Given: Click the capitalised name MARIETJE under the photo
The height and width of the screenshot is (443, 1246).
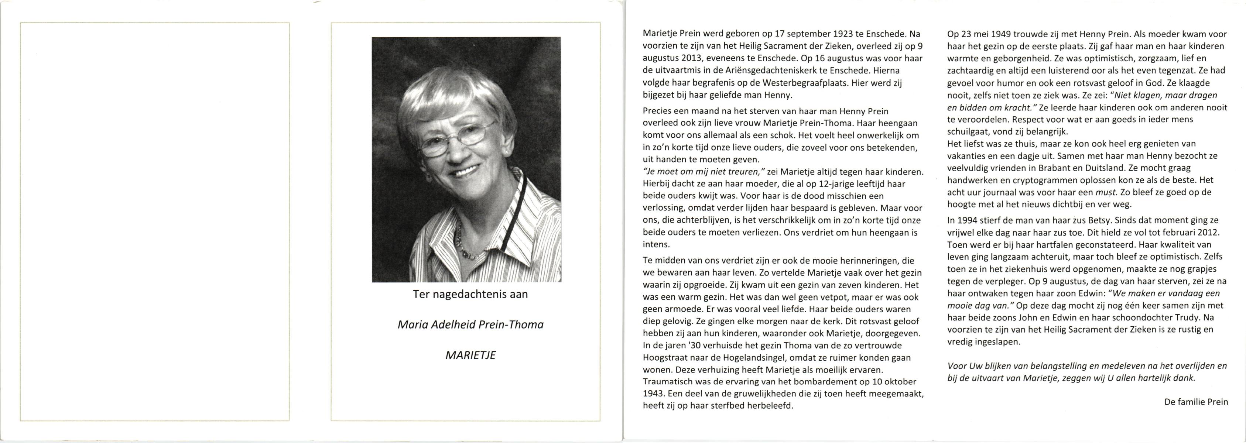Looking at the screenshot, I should [x=470, y=355].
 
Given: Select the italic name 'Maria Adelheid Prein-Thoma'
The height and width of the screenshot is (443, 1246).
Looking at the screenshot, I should [x=470, y=324].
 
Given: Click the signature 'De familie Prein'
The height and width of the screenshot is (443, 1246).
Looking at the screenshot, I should [x=1196, y=401].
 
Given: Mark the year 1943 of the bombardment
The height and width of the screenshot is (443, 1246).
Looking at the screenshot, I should [x=654, y=393].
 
